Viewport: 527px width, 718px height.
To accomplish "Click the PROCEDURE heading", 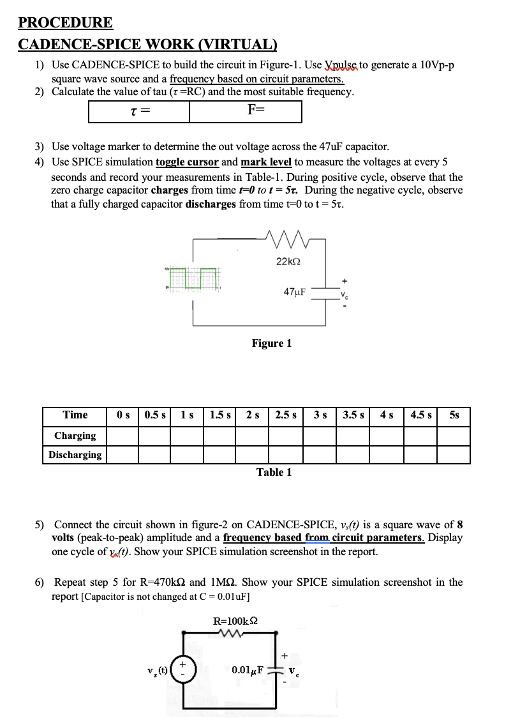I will point(66,23).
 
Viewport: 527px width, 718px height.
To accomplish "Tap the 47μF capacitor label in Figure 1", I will point(294,292).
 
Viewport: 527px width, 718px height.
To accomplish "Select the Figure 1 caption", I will point(271,344).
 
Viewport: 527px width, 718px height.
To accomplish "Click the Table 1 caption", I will point(274,472).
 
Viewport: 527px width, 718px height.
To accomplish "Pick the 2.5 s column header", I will point(286,415).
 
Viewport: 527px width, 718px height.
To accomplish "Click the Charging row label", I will point(75,436).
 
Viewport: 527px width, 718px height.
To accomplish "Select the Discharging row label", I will point(75,455).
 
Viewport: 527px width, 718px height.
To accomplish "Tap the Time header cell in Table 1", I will point(75,415).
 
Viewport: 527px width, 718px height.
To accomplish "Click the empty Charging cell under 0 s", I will point(122,436).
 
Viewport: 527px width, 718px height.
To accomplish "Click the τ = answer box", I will point(139,112).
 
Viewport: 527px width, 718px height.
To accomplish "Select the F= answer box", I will point(246,112).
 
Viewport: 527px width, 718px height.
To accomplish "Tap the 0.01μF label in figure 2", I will point(249,670).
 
